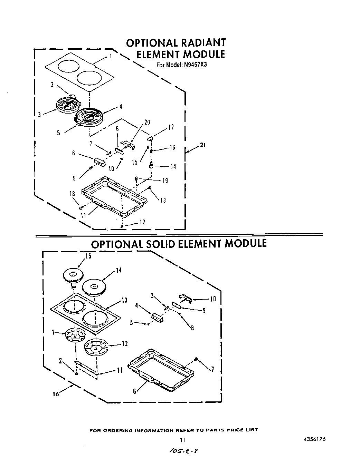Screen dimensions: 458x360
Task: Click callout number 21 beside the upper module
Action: point(203,145)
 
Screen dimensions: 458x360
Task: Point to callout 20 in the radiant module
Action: point(147,123)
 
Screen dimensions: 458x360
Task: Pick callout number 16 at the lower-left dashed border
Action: point(56,394)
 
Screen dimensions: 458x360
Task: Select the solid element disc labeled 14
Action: point(94,286)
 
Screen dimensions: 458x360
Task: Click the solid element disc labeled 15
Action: point(73,275)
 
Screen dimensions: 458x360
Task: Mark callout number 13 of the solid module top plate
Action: point(124,300)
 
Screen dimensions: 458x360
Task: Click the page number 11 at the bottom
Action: point(183,440)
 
